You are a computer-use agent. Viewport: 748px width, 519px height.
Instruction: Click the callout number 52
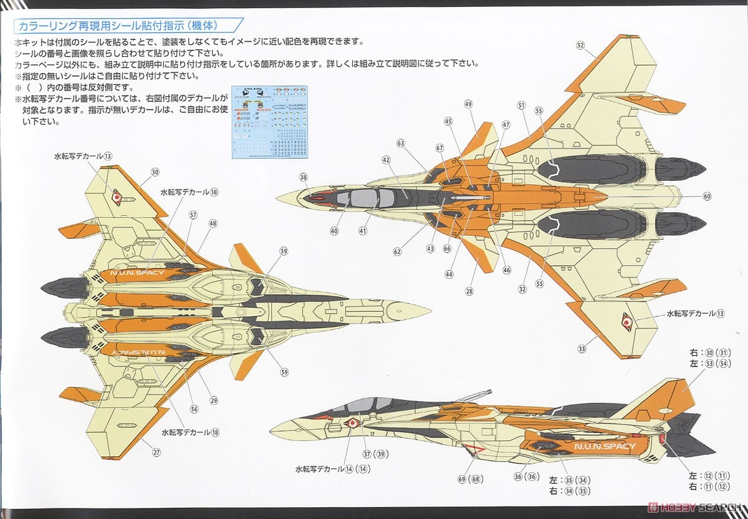(580, 45)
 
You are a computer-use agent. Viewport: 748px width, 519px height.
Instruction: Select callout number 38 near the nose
(304, 177)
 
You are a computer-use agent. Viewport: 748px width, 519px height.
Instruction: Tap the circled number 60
(707, 196)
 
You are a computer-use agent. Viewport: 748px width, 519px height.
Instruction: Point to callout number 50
(155, 172)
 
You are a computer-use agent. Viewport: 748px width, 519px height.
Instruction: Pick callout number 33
(582, 349)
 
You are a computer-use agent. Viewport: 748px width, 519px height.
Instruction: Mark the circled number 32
(522, 289)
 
